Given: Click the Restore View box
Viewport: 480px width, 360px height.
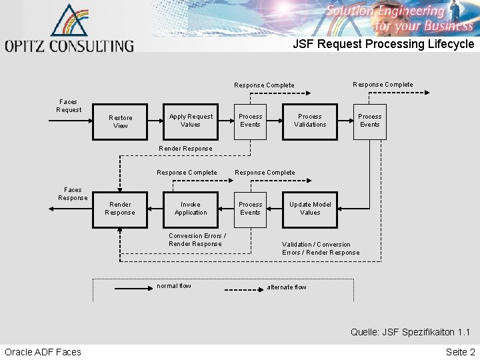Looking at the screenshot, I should click(x=121, y=121).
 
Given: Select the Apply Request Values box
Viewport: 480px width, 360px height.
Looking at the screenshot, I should click(x=191, y=121).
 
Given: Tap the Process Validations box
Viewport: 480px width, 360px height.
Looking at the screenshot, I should click(x=310, y=121).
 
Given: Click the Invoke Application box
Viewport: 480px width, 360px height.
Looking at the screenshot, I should click(x=191, y=209).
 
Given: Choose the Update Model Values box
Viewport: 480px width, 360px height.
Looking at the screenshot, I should click(x=310, y=209).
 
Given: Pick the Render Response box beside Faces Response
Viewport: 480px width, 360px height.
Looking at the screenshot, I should click(x=120, y=209).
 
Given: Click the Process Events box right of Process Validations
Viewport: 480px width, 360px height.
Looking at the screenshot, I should click(x=369, y=121).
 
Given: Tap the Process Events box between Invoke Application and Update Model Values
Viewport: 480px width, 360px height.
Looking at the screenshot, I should click(x=250, y=209).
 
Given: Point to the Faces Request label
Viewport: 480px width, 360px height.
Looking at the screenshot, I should click(x=68, y=106).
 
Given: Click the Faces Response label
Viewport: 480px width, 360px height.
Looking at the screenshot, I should click(x=73, y=194).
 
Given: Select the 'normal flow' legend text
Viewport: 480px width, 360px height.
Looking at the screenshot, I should click(x=173, y=286).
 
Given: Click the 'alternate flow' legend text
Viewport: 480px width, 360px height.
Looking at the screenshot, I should click(x=287, y=287).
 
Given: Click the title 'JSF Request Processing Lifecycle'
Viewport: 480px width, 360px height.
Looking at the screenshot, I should click(x=383, y=44).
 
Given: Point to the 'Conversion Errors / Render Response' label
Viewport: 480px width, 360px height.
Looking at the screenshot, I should click(x=197, y=240).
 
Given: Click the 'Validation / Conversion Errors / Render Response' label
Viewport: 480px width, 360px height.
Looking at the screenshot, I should click(x=321, y=249).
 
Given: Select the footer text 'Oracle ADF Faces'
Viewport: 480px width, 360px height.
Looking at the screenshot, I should click(x=43, y=352).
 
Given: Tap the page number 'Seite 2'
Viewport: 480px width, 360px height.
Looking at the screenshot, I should click(x=461, y=352).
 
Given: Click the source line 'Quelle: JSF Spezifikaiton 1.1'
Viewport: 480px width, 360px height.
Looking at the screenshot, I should click(x=410, y=332).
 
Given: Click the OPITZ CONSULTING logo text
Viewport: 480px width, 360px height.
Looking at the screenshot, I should click(x=69, y=46).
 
